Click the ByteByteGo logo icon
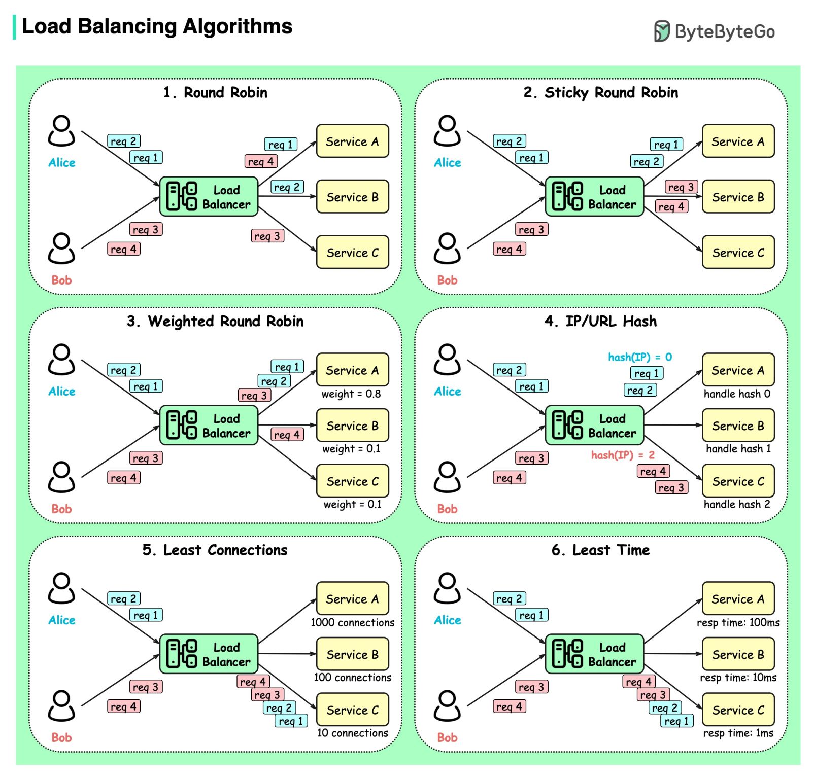pos(662,31)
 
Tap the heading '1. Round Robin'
pos(215,92)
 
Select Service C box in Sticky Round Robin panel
pos(738,252)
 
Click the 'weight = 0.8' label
pos(351,394)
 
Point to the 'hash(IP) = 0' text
pos(640,357)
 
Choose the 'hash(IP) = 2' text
pos(623,455)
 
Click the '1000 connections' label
pos(352,623)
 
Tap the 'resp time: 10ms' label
pos(738,678)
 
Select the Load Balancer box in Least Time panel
pos(594,654)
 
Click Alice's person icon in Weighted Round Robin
pos(61,360)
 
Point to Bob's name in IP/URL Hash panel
pos(447,509)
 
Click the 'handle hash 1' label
pos(738,449)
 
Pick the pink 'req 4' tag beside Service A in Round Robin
pos(261,161)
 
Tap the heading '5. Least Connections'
pos(215,550)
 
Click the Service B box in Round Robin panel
pos(352,197)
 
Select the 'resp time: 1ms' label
pos(738,733)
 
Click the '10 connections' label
pos(352,733)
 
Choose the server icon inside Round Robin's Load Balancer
pos(181,196)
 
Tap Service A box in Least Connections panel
pos(352,599)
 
